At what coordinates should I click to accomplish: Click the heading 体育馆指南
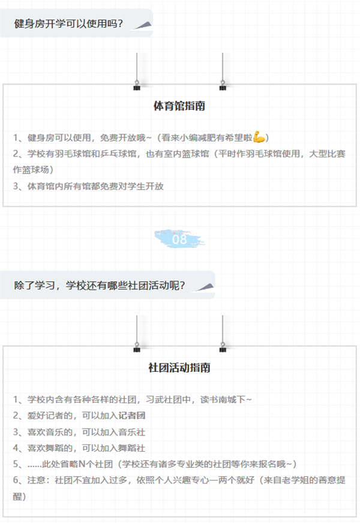[179, 106]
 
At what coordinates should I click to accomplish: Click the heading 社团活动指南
[179, 368]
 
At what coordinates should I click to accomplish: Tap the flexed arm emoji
[259, 137]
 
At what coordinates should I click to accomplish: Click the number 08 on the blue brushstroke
[179, 239]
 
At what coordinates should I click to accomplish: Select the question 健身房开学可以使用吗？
[68, 23]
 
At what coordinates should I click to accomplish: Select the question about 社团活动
[100, 285]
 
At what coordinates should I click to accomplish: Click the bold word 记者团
[132, 416]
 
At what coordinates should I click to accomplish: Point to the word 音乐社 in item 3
[132, 432]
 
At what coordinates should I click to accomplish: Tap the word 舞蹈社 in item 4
[132, 448]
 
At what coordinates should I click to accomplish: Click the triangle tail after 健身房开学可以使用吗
[144, 25]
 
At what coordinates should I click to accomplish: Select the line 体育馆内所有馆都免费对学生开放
[95, 186]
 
